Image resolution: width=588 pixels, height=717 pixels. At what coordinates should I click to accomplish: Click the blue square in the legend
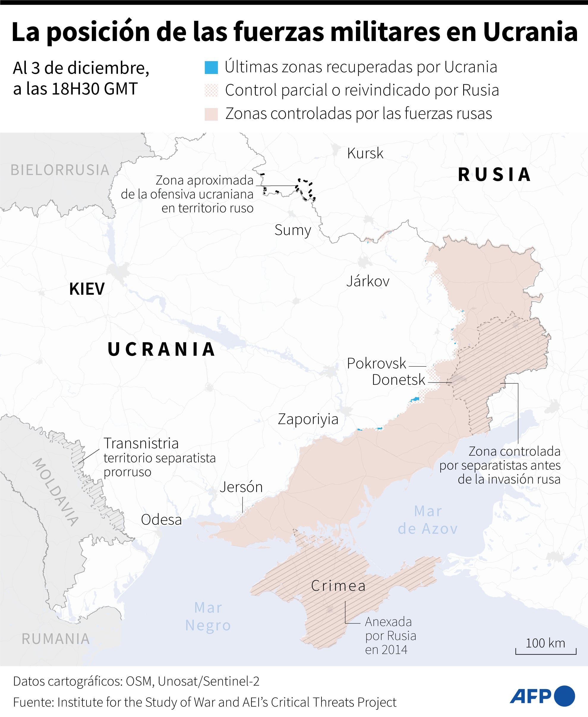(211, 67)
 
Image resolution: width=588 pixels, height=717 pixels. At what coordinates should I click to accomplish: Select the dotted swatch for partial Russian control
(211, 90)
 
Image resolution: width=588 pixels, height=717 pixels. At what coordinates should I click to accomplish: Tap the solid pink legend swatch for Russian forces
(211, 114)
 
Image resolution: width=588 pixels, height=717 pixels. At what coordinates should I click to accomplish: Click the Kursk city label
(365, 153)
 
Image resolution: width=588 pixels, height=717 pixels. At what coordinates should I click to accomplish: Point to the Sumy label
(293, 230)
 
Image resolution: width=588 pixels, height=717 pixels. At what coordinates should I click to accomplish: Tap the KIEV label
(87, 289)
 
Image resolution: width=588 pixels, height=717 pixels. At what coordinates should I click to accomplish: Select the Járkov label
(368, 281)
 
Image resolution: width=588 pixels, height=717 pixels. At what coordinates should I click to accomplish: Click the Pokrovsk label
(376, 364)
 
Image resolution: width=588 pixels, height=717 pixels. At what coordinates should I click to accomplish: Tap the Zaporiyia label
(308, 419)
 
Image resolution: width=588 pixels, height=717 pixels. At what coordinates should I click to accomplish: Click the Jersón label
(241, 487)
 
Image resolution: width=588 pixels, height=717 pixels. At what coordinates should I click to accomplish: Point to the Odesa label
(161, 520)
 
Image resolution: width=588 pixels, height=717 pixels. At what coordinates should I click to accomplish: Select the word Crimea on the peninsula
(338, 586)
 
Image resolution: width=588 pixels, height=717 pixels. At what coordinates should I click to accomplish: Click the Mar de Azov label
(428, 520)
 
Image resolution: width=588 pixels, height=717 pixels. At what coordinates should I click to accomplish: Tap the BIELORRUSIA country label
(60, 170)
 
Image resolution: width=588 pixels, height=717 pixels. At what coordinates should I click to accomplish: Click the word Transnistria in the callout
(141, 443)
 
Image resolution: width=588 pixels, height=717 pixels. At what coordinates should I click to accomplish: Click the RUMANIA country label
(56, 639)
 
